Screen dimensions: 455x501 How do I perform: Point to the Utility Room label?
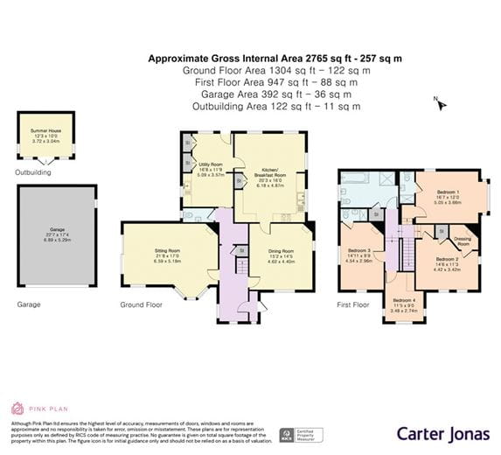coord(211,164)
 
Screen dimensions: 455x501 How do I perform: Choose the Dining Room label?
coord(280,251)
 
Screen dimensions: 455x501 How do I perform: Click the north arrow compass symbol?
coord(441,105)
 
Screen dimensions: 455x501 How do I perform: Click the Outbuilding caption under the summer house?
coord(33,172)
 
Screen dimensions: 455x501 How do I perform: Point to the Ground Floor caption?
coord(141,304)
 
